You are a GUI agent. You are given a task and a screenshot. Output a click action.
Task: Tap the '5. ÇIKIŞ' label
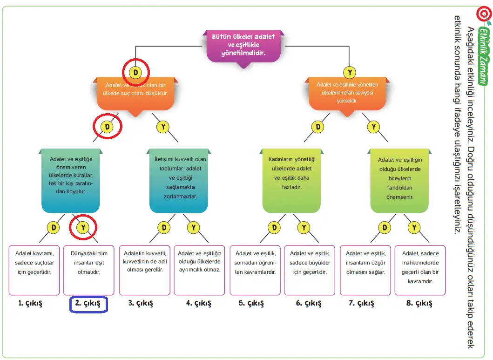click(x=251, y=304)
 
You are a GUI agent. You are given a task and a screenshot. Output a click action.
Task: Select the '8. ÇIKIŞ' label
click(x=419, y=304)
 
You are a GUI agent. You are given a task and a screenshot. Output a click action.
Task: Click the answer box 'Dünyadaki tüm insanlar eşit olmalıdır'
click(x=88, y=270)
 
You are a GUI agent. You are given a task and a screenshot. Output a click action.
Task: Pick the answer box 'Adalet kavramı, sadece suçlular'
click(x=34, y=270)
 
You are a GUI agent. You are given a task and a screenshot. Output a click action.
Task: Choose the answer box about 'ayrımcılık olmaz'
click(x=199, y=270)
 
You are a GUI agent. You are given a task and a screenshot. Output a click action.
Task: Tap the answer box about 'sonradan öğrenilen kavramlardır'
click(x=255, y=270)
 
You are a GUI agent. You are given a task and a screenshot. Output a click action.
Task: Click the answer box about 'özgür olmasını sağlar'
click(x=365, y=270)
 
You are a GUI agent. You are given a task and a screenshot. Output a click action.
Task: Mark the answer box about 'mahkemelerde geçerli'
click(x=420, y=270)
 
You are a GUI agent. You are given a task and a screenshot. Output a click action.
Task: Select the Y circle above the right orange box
click(x=350, y=72)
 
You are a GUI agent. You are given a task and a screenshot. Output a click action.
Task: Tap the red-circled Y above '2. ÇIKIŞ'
click(x=83, y=228)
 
